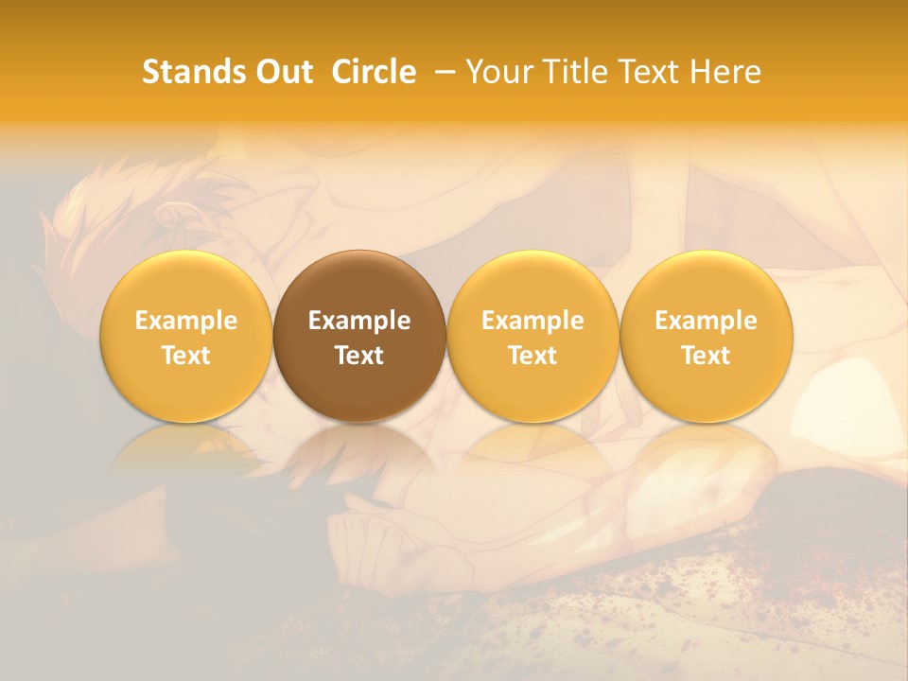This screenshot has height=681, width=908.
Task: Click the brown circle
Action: (x=359, y=336)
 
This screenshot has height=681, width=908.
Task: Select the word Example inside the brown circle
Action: (x=359, y=321)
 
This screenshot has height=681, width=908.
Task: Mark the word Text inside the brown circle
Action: (x=359, y=356)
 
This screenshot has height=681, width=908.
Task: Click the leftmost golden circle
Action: (x=186, y=336)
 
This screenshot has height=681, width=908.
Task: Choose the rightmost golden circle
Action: (x=707, y=336)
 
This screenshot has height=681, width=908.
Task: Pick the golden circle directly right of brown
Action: (x=533, y=336)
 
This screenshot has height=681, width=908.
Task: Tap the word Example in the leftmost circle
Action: (x=186, y=321)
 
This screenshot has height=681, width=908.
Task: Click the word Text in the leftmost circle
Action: (x=186, y=356)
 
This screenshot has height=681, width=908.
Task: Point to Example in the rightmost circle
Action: (x=707, y=321)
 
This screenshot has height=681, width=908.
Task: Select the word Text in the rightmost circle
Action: (x=707, y=356)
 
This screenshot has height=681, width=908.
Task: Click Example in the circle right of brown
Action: (x=533, y=321)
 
